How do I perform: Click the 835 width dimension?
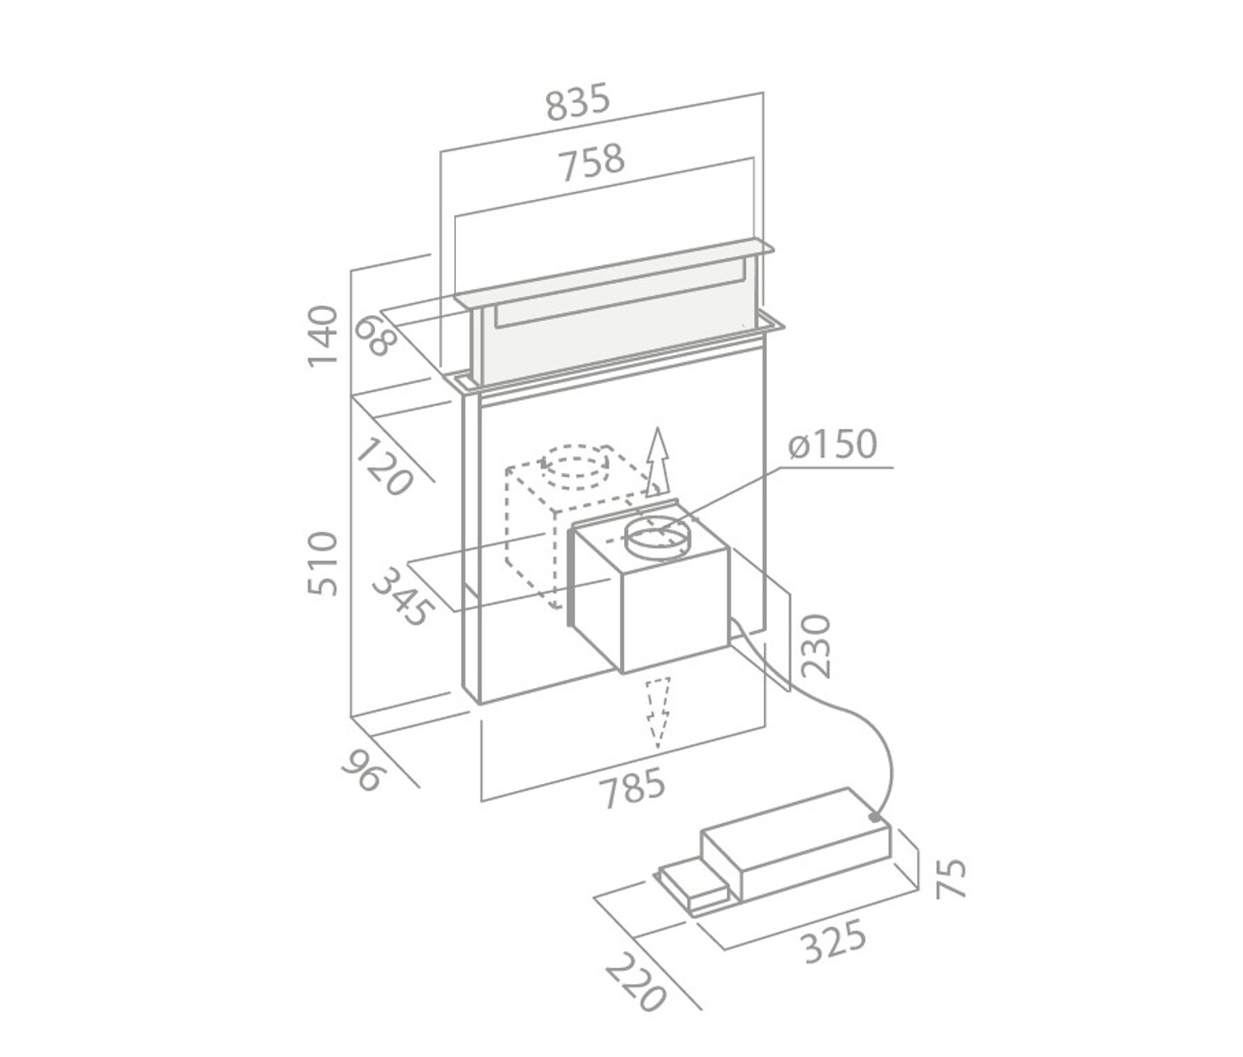tap(577, 104)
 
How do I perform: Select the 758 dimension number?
tap(592, 162)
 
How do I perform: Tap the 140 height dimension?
tap(323, 336)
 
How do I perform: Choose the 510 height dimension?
tap(323, 563)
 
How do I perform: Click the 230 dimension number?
tap(816, 645)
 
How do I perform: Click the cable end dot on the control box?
tap(874, 817)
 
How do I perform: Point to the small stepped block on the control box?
tap(695, 889)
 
